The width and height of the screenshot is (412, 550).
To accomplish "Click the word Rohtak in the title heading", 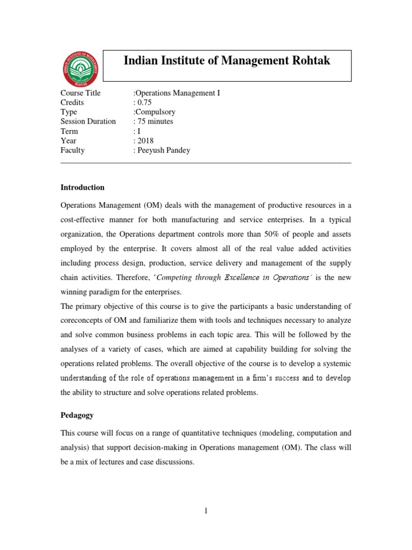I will [x=310, y=61].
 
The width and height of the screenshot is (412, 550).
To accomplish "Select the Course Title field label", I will [x=80, y=93].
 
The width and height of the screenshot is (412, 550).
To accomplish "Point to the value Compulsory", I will [x=155, y=112].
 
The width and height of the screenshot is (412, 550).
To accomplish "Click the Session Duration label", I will [x=88, y=121].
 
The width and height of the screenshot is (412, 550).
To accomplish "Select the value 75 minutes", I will [x=154, y=121].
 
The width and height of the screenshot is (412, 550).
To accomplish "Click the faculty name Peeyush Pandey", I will [x=163, y=150].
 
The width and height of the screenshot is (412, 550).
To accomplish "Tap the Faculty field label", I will [x=72, y=150].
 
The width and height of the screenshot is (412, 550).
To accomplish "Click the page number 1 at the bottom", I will [x=205, y=511].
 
